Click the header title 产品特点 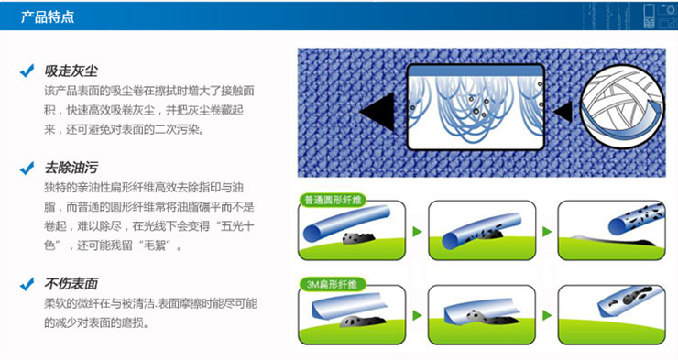click(x=48, y=16)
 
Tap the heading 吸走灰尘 click(x=71, y=71)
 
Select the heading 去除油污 click(x=71, y=168)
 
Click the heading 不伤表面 click(x=71, y=283)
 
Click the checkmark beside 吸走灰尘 click(x=27, y=71)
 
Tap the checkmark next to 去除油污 click(x=27, y=169)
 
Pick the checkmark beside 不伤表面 click(x=27, y=284)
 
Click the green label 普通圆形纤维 click(x=333, y=200)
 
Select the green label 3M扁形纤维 click(x=333, y=284)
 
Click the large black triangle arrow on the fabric click(x=380, y=112)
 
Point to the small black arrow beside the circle click(x=563, y=112)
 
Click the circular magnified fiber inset click(x=622, y=107)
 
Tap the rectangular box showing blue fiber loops click(x=476, y=107)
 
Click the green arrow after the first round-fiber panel click(x=417, y=231)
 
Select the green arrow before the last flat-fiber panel click(x=547, y=315)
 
